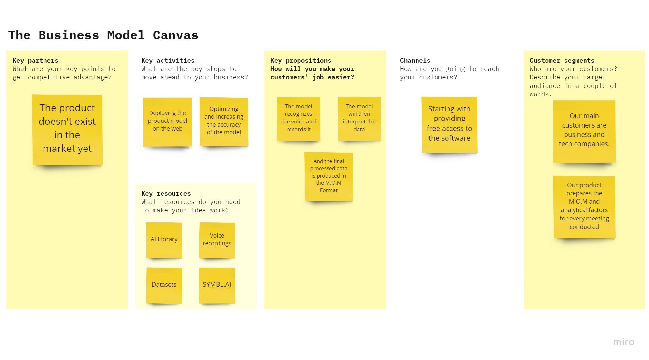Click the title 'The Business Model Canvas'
click(x=103, y=35)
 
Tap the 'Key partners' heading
click(x=35, y=60)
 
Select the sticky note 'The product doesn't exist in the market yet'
click(x=67, y=130)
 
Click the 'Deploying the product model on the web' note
click(x=167, y=122)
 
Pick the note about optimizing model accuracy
click(x=224, y=122)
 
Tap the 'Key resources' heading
click(x=166, y=193)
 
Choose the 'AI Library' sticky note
click(x=164, y=240)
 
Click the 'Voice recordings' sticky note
click(x=217, y=240)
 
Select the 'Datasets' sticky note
click(x=164, y=285)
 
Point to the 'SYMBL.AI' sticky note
click(x=217, y=285)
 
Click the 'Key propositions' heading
click(x=301, y=60)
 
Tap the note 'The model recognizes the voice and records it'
click(x=299, y=118)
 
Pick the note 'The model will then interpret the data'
click(x=359, y=118)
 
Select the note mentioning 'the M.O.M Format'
click(x=329, y=176)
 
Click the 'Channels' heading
click(x=415, y=60)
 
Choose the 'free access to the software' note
click(x=449, y=124)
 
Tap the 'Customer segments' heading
click(x=562, y=60)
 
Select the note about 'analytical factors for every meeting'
click(x=584, y=207)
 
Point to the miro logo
click(x=624, y=342)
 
